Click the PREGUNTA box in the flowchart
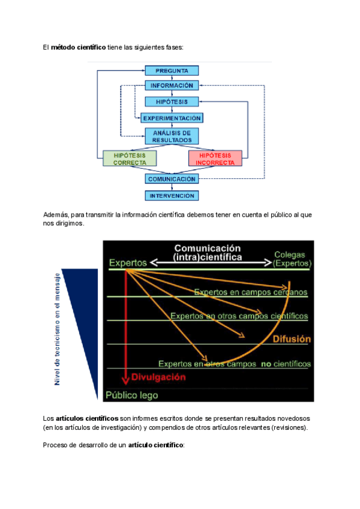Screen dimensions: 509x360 [172, 71]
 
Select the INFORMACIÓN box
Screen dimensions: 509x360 [172, 86]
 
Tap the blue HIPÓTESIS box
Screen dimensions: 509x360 [172, 102]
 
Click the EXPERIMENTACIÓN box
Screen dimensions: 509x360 [172, 118]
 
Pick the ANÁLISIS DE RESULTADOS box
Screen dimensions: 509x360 [172, 136]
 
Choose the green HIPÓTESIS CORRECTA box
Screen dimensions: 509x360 [130, 158]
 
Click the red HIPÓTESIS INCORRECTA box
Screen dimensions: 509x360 [215, 158]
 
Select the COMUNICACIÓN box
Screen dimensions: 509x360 [172, 179]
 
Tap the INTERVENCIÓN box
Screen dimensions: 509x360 [172, 196]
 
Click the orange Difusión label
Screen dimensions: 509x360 [292, 339]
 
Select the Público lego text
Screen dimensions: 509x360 [132, 395]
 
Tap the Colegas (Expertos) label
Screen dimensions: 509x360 [292, 259]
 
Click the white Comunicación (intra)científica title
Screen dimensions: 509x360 [208, 252]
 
